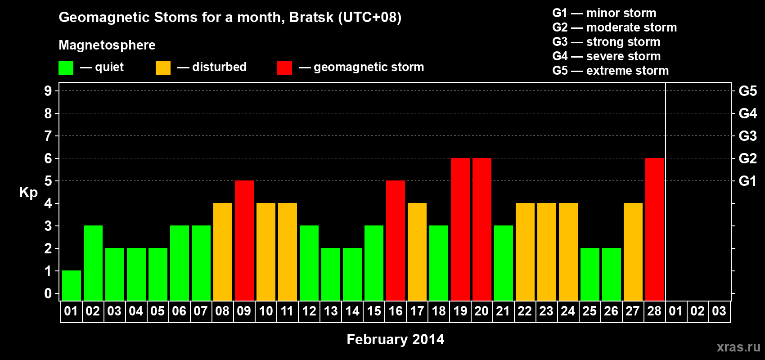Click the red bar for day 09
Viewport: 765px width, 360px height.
point(244,240)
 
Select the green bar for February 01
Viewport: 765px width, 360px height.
point(72,286)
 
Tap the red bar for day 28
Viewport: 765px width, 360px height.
point(655,229)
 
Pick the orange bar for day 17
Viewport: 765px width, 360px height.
point(417,252)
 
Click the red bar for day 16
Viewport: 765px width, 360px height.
point(396,240)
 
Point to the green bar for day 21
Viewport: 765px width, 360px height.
point(504,263)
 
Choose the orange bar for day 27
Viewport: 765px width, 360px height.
point(633,252)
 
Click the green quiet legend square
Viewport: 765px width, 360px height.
point(66,67)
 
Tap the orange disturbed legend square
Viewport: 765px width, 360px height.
point(163,67)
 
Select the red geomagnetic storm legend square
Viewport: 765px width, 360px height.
point(284,67)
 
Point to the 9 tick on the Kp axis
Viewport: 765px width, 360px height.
point(48,91)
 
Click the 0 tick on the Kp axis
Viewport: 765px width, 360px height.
point(48,293)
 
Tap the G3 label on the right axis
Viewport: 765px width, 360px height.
point(747,136)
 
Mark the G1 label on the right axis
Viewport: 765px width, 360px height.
point(747,181)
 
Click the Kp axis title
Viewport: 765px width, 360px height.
point(28,193)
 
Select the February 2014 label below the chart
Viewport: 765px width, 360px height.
point(396,339)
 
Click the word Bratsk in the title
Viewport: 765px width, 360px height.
point(311,18)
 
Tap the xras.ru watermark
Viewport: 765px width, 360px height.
point(738,347)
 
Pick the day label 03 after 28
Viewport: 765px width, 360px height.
point(719,311)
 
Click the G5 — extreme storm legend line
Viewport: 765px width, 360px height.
point(610,71)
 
